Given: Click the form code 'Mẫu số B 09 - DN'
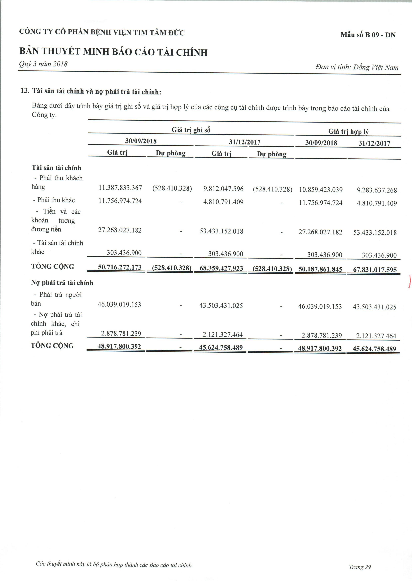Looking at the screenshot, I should coord(368,35).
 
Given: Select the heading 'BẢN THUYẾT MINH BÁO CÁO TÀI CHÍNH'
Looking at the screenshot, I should coord(113,52).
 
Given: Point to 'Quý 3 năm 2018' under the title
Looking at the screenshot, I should coord(43,64).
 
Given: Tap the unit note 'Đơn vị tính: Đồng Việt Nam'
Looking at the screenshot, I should coord(357,67).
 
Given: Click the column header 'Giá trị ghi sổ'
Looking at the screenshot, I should coord(191,130).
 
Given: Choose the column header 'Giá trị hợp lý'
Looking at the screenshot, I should coord(348,131).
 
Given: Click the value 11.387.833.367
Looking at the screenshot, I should coord(120,188).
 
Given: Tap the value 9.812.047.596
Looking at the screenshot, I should coord(223,189).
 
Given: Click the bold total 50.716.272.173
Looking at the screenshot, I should coord(120,267).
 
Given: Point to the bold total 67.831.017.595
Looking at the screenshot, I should coord(375,270).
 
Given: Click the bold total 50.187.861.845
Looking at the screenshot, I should coord(320,269).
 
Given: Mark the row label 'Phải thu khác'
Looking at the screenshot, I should coord(56,200).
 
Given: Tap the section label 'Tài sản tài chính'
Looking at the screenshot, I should coord(56,168).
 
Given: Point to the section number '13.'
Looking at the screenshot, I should coord(25,91).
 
